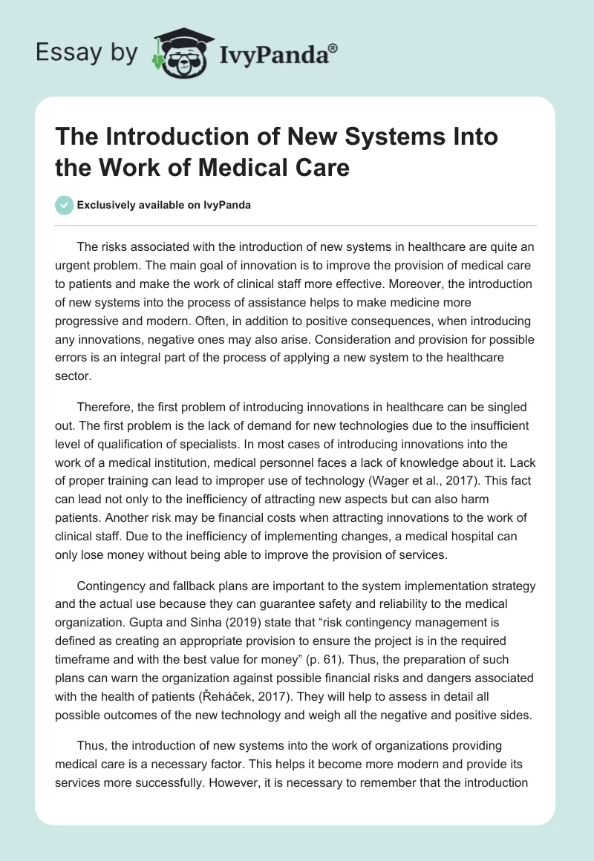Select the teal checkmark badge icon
point(65,205)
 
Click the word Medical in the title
point(248,167)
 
